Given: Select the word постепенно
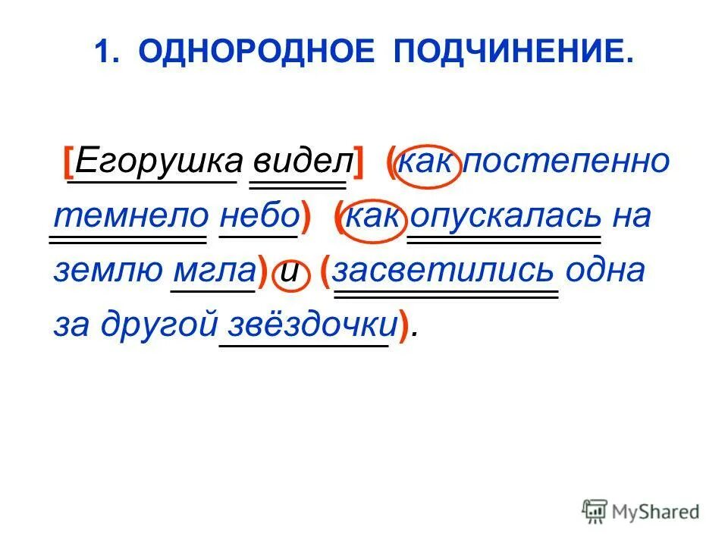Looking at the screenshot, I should pyautogui.click(x=567, y=162).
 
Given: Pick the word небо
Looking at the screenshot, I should pyautogui.click(x=258, y=217).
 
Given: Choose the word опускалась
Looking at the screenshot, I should pyautogui.click(x=505, y=217).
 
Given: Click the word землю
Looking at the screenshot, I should pyautogui.click(x=106, y=271).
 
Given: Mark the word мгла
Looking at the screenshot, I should pyautogui.click(x=214, y=271).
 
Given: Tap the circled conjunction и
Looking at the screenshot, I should pyautogui.click(x=289, y=273).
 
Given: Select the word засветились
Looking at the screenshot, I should pyautogui.click(x=446, y=271).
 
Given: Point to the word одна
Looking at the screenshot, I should pyautogui.click(x=607, y=271).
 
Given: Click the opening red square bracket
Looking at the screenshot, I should pyautogui.click(x=69, y=161).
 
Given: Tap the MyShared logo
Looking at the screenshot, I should pyautogui.click(x=641, y=511).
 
